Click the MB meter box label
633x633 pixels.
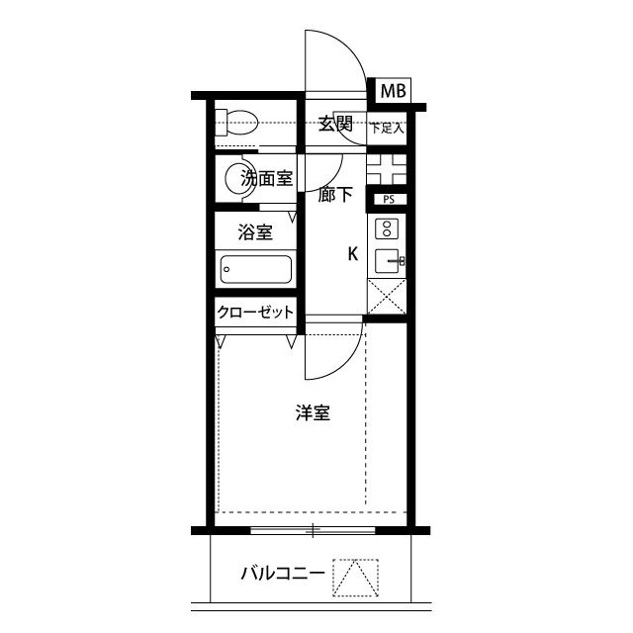pyautogui.click(x=393, y=91)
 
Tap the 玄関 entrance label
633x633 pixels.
pyautogui.click(x=336, y=124)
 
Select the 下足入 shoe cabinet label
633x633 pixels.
pyautogui.click(x=387, y=128)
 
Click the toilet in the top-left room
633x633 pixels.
pyautogui.click(x=238, y=124)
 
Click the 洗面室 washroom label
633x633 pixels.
pyautogui.click(x=266, y=179)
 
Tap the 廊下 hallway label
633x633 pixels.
pyautogui.click(x=335, y=195)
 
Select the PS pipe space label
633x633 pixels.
pyautogui.click(x=388, y=199)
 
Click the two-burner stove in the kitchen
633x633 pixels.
pyautogui.click(x=387, y=229)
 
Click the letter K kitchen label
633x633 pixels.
pyautogui.click(x=352, y=254)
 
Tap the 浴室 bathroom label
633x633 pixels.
pyautogui.click(x=254, y=233)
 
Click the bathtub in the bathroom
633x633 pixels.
pyautogui.click(x=256, y=269)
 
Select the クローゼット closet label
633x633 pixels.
pyautogui.click(x=256, y=313)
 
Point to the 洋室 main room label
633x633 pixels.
pyautogui.click(x=313, y=413)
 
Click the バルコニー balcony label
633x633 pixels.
pyautogui.click(x=283, y=574)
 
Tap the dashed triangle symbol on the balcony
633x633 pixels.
pyautogui.click(x=355, y=578)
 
